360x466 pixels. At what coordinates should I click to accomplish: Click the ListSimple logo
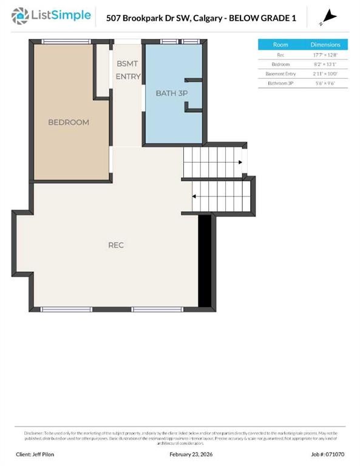53,16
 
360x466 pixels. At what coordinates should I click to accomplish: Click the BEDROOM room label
69,122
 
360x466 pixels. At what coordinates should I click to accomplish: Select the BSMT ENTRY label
128,70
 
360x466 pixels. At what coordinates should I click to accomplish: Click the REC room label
116,245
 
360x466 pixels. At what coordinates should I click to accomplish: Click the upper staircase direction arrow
241,162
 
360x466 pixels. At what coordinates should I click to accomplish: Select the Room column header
280,45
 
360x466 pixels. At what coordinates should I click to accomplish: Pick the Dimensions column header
326,45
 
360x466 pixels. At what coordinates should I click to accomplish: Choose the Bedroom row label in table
280,64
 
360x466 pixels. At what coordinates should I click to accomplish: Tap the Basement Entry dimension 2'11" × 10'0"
326,73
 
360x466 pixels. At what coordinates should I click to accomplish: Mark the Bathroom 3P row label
280,83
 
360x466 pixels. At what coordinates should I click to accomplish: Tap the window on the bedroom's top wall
64,41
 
